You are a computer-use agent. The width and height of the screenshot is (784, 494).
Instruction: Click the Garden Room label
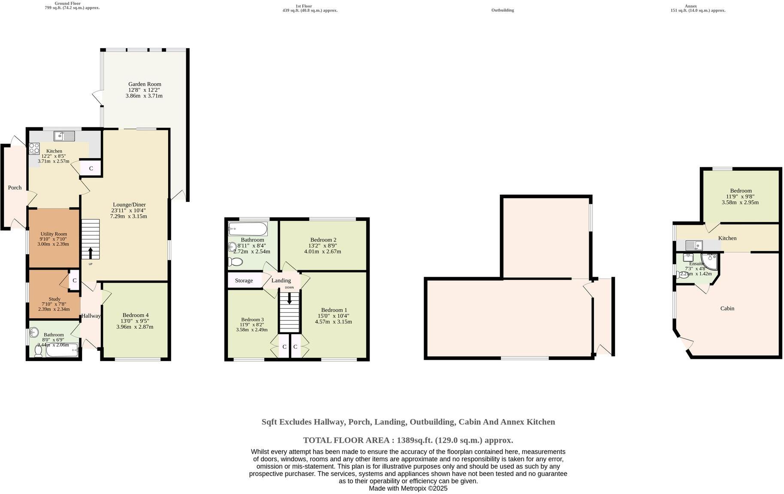(x=145, y=84)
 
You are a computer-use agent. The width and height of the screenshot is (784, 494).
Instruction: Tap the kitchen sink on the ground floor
(x=64, y=136)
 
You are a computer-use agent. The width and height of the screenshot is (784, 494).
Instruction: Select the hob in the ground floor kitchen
(x=34, y=148)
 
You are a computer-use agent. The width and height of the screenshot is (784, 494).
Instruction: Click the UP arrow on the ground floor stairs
(x=90, y=253)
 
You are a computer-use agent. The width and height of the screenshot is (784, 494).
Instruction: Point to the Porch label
(x=15, y=187)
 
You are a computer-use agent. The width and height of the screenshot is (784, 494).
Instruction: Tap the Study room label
(x=54, y=299)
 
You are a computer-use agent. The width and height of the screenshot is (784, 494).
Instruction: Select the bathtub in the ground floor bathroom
(x=62, y=351)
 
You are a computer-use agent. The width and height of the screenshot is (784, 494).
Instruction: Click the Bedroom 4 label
(x=135, y=315)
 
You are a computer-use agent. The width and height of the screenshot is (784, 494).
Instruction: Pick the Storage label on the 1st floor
(x=244, y=280)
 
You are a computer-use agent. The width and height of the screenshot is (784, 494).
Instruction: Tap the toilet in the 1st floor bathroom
(x=235, y=262)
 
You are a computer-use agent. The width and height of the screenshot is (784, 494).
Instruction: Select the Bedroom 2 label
(x=323, y=240)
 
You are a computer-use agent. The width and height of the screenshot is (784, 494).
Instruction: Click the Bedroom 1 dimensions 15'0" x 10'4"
(x=333, y=316)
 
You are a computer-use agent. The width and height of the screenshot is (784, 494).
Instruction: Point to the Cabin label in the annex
(x=727, y=308)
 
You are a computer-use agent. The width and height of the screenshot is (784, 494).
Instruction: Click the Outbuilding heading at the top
(x=502, y=10)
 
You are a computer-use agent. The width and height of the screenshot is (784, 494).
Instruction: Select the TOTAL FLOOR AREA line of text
(x=408, y=440)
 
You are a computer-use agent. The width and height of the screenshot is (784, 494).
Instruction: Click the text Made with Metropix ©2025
(x=408, y=488)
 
